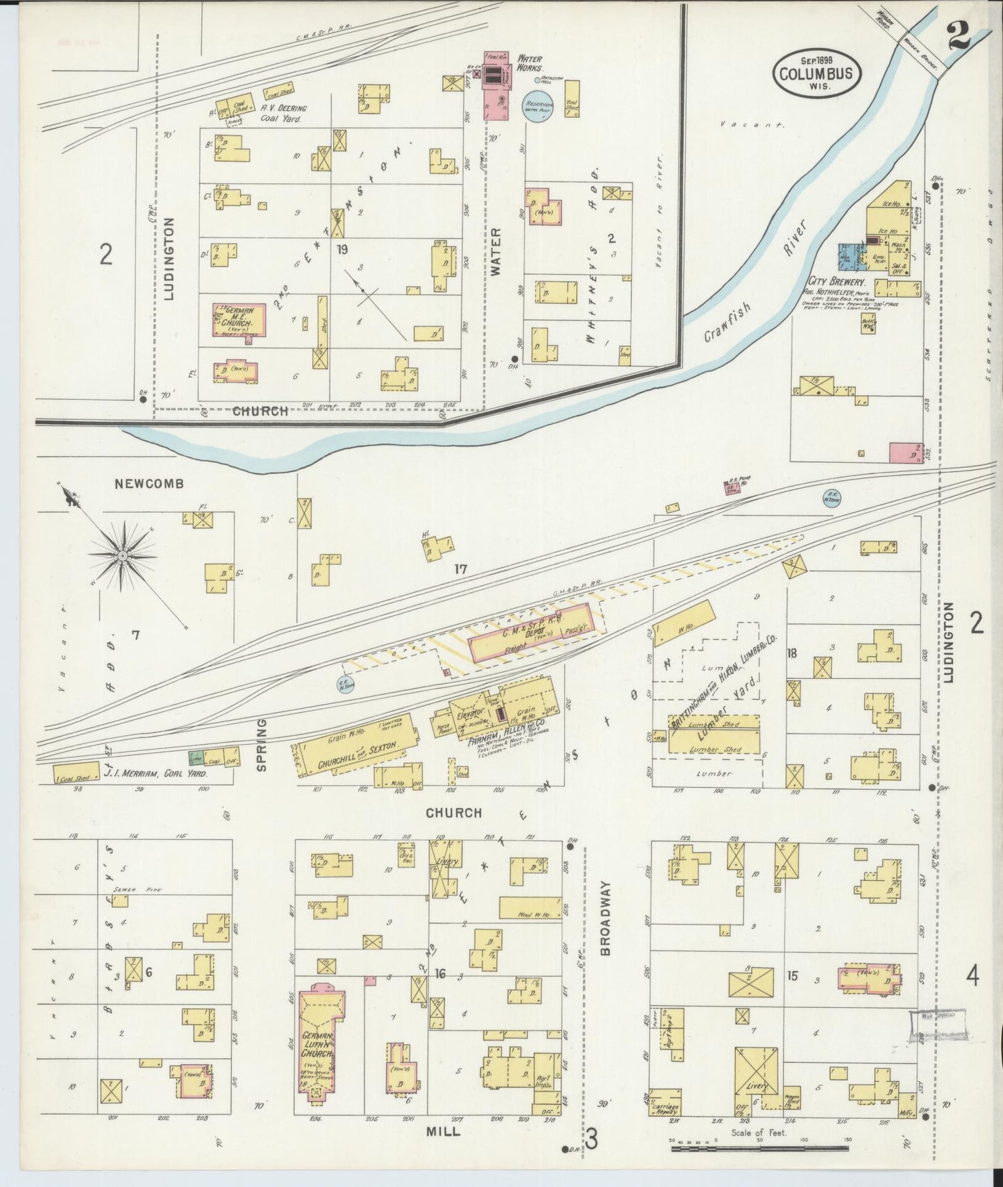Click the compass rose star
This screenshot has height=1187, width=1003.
pos(122,555)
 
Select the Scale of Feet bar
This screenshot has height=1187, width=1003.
pos(759,1149)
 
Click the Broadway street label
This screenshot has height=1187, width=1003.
pos(605,909)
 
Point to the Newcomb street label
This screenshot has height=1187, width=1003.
pos(151,484)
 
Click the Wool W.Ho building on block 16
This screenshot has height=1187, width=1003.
pos(529,908)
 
